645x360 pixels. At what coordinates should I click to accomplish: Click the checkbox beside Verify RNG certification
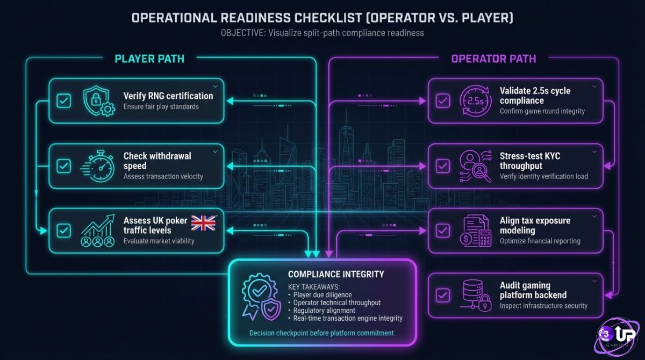pyautogui.click(x=63, y=100)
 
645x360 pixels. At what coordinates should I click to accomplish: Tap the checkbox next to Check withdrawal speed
pyautogui.click(x=63, y=165)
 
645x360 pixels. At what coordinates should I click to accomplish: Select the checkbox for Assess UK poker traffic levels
pyautogui.click(x=63, y=231)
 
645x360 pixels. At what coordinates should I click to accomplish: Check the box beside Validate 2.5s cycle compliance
pyautogui.click(x=442, y=100)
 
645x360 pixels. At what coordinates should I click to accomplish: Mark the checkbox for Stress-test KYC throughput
pyautogui.click(x=442, y=165)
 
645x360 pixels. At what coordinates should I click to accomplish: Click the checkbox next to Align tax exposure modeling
pyautogui.click(x=442, y=231)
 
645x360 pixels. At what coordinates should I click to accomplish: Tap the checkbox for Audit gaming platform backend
pyautogui.click(x=442, y=295)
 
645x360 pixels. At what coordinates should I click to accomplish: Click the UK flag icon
pyautogui.click(x=203, y=223)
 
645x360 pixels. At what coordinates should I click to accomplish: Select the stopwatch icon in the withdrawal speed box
pyautogui.click(x=99, y=165)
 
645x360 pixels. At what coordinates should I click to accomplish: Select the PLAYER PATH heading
pyautogui.click(x=149, y=59)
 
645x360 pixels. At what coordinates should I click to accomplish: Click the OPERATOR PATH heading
pyautogui.click(x=493, y=59)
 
